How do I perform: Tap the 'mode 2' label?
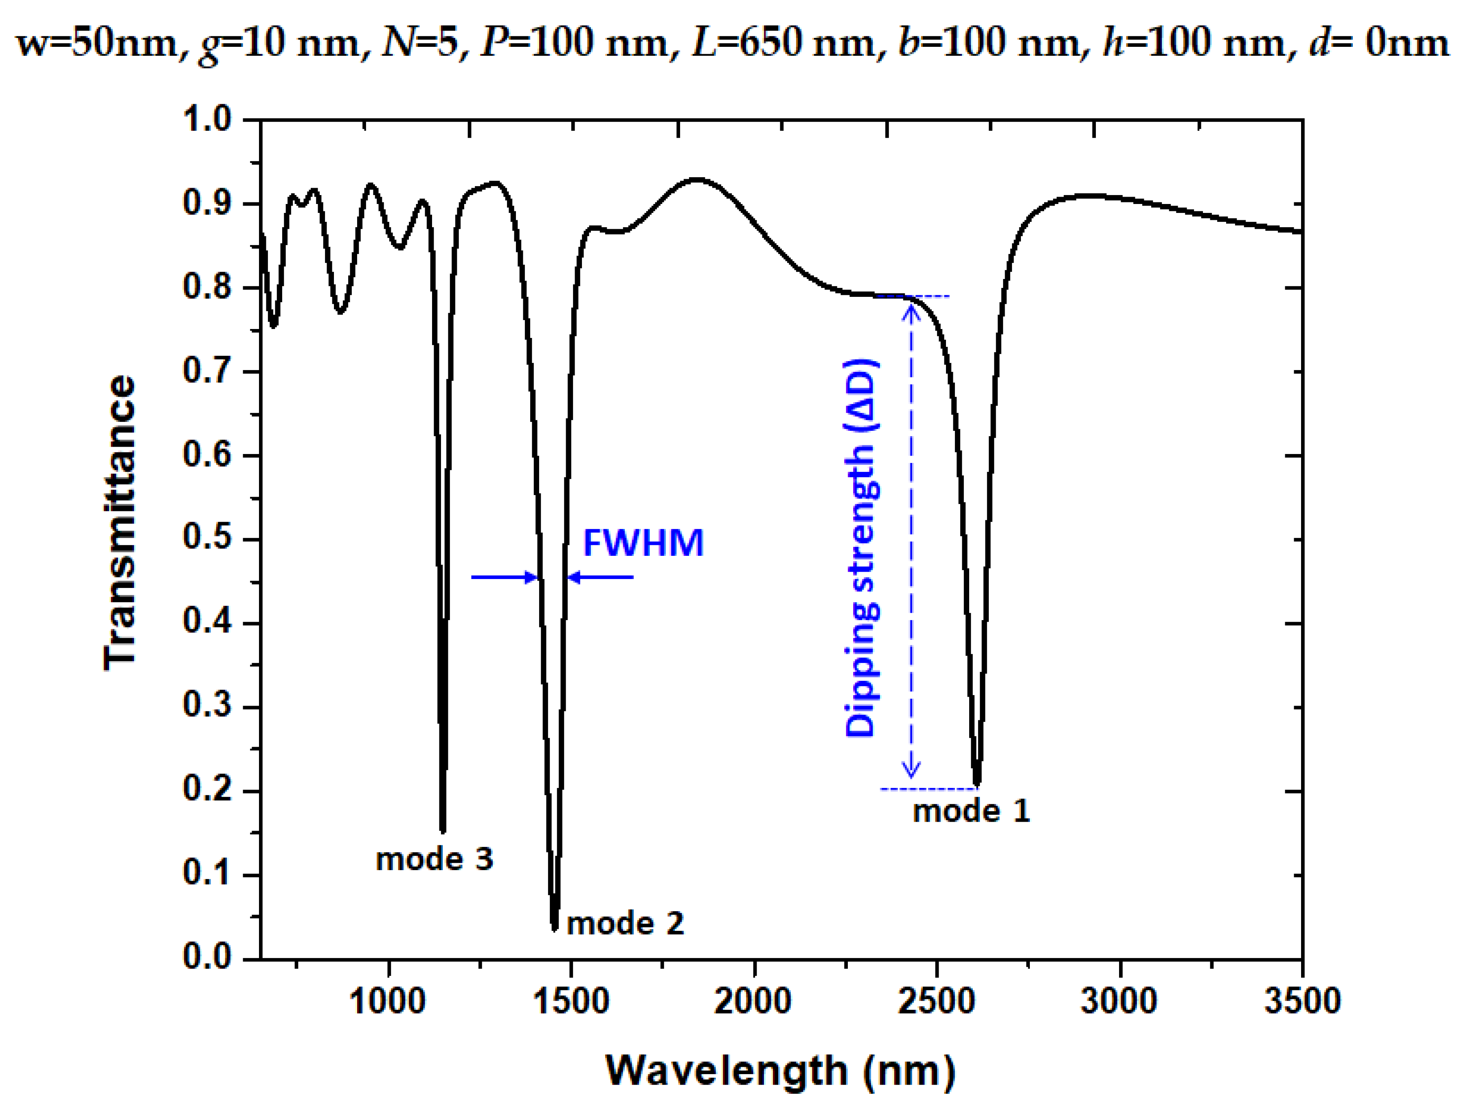(x=625, y=923)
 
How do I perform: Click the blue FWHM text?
(x=643, y=544)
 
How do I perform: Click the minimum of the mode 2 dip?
(x=555, y=928)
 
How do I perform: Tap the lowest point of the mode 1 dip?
(x=976, y=783)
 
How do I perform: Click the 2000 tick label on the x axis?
(x=753, y=1001)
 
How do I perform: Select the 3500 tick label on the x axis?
(x=1302, y=1001)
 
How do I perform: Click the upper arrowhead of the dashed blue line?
(x=911, y=309)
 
